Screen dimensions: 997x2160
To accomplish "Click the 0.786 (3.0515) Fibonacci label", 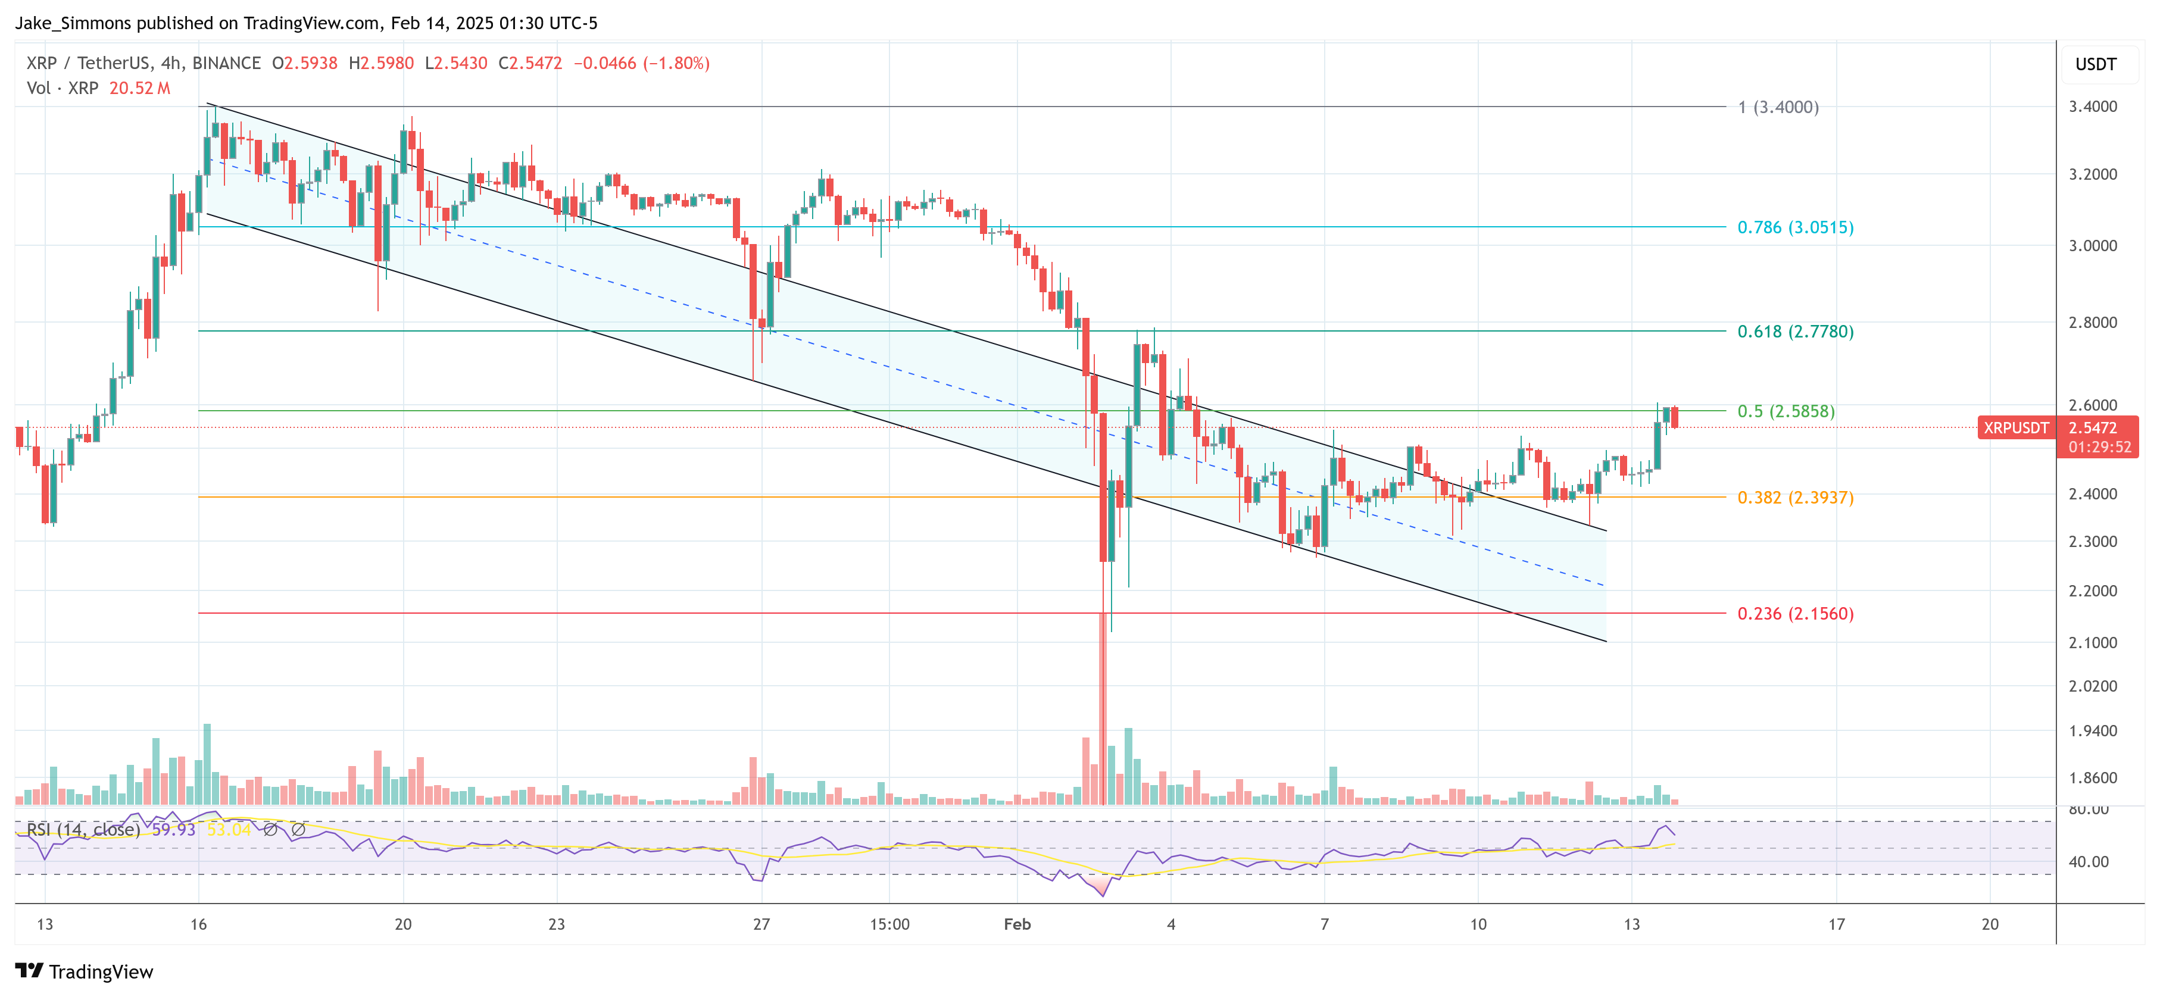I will coord(1794,227).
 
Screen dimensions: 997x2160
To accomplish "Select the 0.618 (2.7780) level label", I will coord(1794,331).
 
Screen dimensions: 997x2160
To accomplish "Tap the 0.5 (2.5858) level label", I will coord(1785,411).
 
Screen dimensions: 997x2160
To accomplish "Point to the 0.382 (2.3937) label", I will coord(1794,497).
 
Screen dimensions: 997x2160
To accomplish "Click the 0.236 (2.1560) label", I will coord(1794,614).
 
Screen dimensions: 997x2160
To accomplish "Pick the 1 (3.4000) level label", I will coord(1778,107).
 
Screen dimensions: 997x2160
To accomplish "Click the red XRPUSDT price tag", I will coord(2015,427).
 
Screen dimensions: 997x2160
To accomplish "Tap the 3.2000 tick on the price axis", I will coord(2093,174).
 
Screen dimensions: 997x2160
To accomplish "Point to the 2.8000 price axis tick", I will coord(2093,322).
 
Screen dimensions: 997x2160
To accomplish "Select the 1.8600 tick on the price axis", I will coord(2093,778).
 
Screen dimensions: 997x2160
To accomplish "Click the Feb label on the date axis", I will coord(1017,924).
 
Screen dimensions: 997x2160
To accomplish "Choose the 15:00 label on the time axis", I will coord(889,924).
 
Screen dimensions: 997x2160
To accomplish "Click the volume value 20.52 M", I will coord(139,88).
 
